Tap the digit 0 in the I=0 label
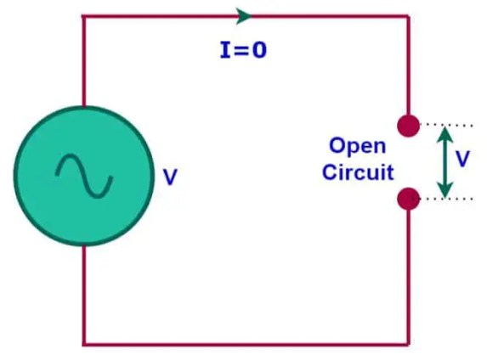(258, 49)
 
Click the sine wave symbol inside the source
(84, 175)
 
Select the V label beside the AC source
(170, 178)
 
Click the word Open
(357, 145)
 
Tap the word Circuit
(358, 172)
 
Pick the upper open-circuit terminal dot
(409, 126)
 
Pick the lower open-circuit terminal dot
(409, 200)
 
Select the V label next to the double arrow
(462, 159)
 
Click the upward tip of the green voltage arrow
(444, 130)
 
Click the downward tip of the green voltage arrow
(444, 194)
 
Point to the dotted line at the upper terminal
(446, 125)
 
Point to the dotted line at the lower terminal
(446, 200)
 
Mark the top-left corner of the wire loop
(84, 16)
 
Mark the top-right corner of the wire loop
(409, 16)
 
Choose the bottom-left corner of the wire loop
(84, 344)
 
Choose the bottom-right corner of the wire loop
(409, 344)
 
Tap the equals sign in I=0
(241, 49)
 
